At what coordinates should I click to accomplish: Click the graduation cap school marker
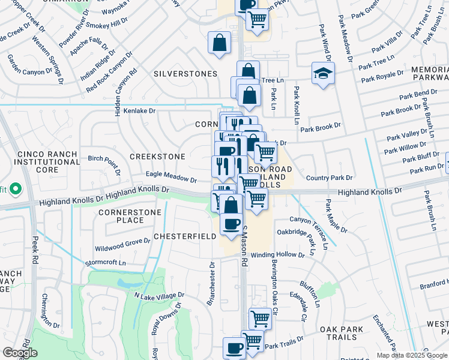[x=323, y=74]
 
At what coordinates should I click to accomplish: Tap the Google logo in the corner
[x=20, y=353]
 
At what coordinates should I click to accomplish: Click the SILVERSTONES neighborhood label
[x=185, y=74]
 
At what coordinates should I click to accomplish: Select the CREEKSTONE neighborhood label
[x=158, y=157]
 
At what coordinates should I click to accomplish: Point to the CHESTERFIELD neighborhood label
[x=185, y=236]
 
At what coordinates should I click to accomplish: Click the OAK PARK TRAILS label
[x=343, y=334]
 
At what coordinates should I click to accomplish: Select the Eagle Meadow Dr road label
[x=172, y=178]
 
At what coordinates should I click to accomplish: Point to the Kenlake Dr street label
[x=139, y=111]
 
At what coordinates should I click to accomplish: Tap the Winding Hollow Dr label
[x=278, y=254]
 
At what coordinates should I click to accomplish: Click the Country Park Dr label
[x=328, y=178]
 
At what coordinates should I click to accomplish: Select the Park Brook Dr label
[x=321, y=128]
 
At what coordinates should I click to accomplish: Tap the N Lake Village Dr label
[x=159, y=296]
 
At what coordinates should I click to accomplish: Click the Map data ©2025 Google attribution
[x=412, y=355]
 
